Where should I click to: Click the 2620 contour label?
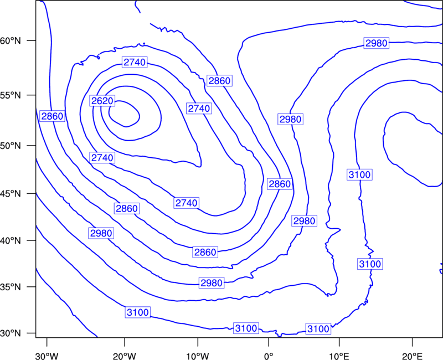102,101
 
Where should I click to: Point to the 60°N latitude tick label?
11,40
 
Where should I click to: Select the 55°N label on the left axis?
11,95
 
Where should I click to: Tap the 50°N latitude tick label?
11,146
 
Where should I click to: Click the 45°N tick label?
11,193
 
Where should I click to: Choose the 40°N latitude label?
11,241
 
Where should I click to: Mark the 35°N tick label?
11,287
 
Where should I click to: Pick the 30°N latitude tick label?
11,333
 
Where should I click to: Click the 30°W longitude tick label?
47,356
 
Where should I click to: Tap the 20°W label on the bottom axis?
124,356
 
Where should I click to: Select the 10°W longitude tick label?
198,356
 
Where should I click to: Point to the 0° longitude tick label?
269,356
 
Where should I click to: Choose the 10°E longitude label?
339,356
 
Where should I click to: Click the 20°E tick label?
412,356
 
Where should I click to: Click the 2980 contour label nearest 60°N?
377,43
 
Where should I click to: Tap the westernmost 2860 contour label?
52,116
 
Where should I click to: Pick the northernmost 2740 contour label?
135,62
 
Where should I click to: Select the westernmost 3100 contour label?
137,312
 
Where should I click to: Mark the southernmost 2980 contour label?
212,282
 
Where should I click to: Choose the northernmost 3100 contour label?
359,174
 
